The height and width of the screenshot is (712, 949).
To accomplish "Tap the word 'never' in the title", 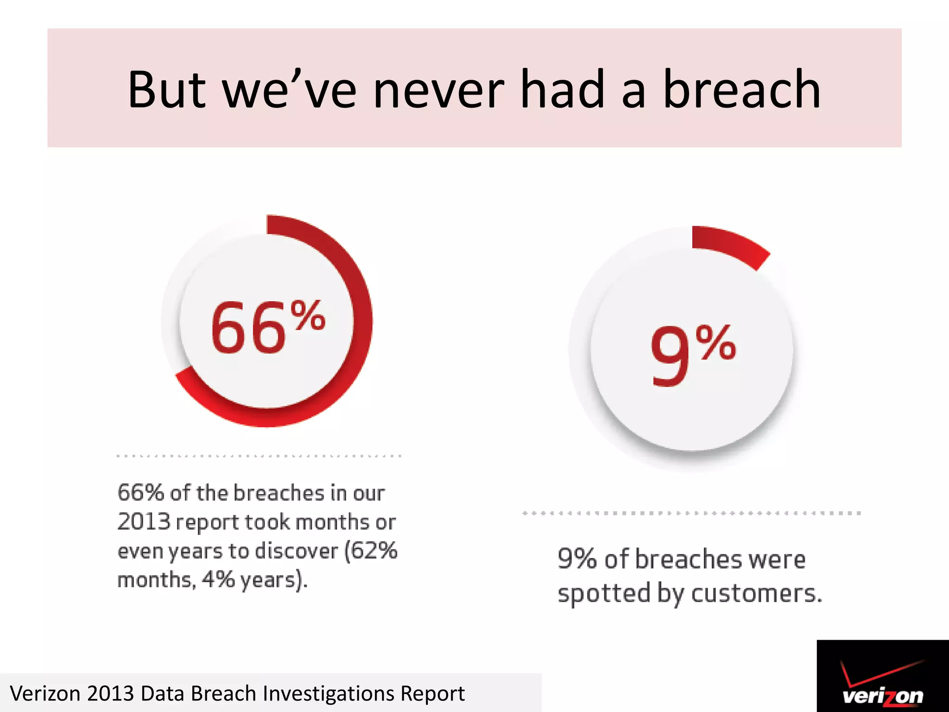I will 438,90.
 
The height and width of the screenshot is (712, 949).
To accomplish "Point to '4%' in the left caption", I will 218,579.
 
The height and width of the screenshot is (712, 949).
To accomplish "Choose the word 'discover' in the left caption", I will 297,551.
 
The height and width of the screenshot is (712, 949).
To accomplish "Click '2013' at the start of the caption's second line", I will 144,522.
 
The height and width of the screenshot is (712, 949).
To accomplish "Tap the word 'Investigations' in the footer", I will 328,694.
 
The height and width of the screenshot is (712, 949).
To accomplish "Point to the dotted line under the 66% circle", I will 259,456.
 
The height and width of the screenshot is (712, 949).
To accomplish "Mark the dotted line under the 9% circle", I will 691,513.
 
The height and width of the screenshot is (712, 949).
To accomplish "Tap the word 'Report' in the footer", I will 432,694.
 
